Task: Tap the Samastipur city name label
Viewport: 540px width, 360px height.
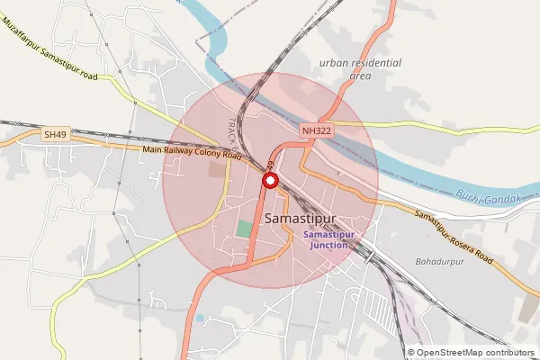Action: [x=301, y=219]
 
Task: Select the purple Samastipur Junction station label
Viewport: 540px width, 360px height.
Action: [x=329, y=240]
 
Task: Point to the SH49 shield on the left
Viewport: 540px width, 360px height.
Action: [x=55, y=135]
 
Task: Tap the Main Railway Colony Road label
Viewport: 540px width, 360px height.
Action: [x=192, y=154]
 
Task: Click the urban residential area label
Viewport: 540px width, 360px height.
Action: [x=360, y=69]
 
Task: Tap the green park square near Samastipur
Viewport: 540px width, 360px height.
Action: [x=244, y=229]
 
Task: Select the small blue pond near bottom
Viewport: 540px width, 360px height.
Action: [x=199, y=317]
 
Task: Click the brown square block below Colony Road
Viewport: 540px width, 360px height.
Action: [x=215, y=169]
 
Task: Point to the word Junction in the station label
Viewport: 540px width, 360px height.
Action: [x=329, y=246]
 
